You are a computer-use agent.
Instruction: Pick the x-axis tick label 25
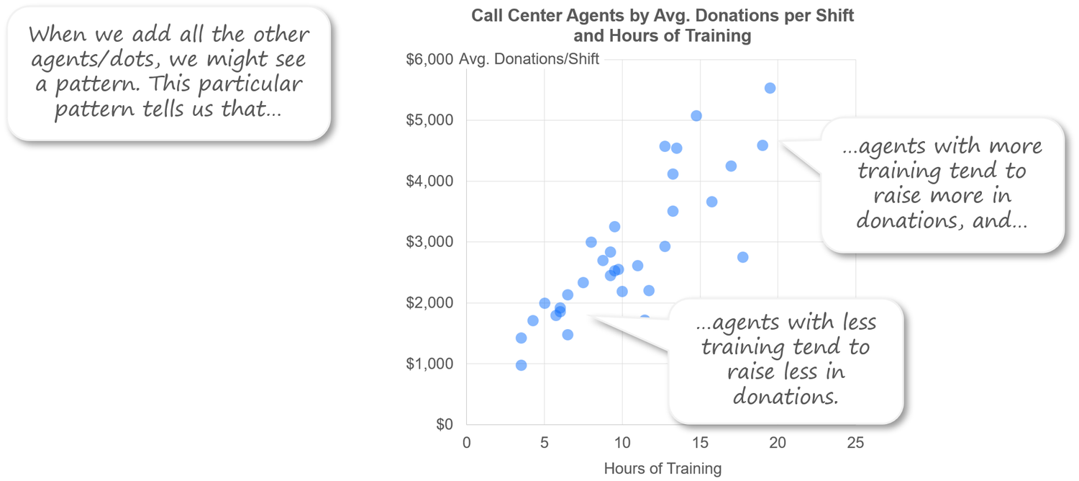click(855, 444)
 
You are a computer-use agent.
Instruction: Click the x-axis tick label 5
click(544, 444)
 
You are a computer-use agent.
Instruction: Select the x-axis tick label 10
click(622, 444)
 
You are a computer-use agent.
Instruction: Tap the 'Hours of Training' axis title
click(662, 469)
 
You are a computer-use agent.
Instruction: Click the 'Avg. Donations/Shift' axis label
click(529, 59)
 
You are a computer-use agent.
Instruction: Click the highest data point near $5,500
click(770, 88)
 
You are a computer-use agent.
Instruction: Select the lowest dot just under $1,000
click(521, 365)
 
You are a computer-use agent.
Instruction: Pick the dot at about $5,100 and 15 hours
click(696, 116)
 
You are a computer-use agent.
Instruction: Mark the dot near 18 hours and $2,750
click(742, 257)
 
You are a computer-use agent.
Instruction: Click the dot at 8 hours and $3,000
click(591, 242)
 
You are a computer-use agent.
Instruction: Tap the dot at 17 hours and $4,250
click(731, 166)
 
